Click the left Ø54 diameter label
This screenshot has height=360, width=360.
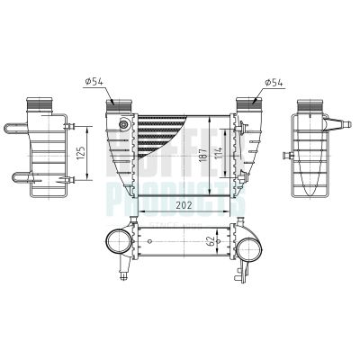coord(97,83)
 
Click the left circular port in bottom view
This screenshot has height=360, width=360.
coord(118,240)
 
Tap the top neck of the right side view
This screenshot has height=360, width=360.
coord(307,103)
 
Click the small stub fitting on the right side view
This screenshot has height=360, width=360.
coord(290,157)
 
